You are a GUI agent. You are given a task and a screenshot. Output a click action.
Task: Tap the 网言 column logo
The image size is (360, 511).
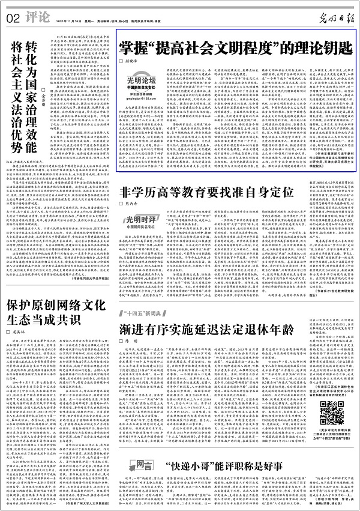[x=136, y=465]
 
